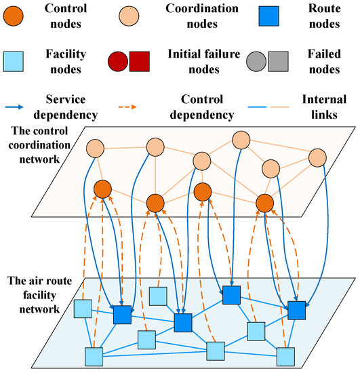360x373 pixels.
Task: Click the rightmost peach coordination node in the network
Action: (318, 157)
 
